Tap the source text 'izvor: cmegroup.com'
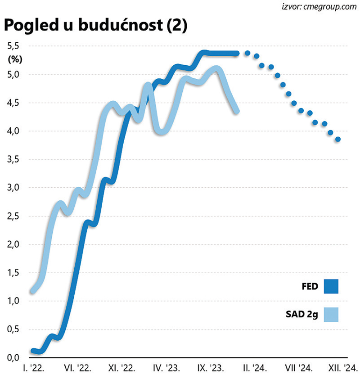317,7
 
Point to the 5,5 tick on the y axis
13,46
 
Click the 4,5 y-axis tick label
13,103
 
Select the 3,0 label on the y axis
13,188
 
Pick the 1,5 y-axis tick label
13,273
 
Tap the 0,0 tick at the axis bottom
13,358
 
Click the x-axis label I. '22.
33,369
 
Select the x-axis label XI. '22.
122,369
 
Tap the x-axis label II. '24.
254,369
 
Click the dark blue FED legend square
330,286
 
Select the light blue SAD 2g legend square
330,315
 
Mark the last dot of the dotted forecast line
338,140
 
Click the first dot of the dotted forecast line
247,53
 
